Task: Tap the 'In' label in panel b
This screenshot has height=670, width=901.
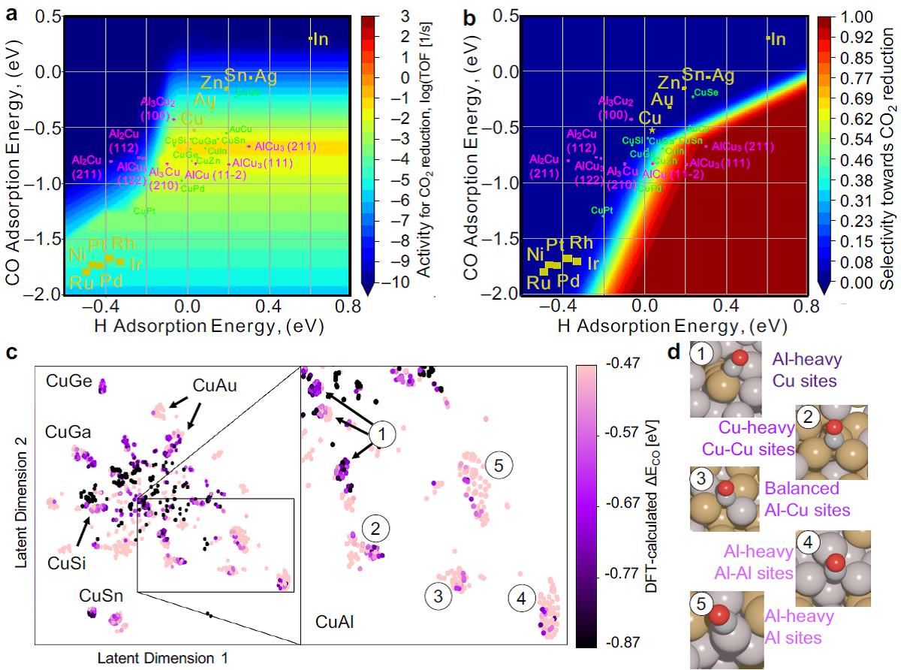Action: click(777, 39)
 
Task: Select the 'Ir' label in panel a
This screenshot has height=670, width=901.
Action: click(136, 264)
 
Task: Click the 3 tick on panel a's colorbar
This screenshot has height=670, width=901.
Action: click(382, 16)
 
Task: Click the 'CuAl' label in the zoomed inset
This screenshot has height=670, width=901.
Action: click(335, 621)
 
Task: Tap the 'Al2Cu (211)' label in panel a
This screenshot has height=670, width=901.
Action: click(86, 167)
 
